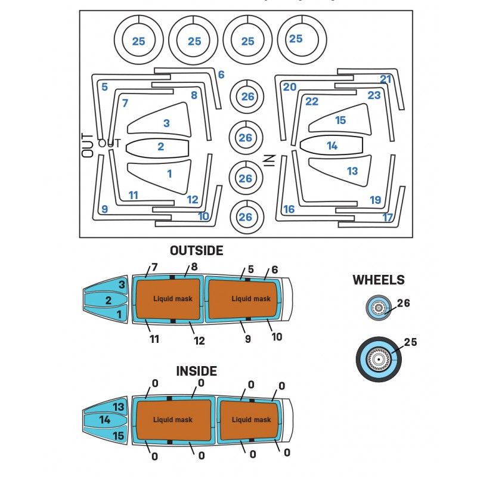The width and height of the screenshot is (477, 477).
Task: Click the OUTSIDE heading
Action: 196,250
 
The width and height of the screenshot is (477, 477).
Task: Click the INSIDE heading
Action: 196,371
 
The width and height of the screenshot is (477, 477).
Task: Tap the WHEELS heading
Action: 378,280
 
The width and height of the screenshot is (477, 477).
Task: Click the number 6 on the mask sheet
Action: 221,75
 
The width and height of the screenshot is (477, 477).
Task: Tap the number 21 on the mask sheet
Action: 386,79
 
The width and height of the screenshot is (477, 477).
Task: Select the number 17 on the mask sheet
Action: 388,218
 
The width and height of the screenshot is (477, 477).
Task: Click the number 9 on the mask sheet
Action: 104,209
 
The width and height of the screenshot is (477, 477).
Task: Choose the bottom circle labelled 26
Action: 246,217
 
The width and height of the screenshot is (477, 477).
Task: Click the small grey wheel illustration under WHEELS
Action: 377,308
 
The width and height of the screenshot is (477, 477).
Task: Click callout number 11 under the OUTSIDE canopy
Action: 154,339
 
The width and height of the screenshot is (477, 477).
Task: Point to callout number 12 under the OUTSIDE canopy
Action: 199,341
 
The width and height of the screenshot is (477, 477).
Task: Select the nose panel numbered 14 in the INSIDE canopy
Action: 105,420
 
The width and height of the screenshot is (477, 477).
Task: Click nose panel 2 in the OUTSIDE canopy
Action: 108,300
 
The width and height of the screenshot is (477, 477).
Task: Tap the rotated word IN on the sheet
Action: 269,160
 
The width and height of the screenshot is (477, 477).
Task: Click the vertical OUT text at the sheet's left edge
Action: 88,145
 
